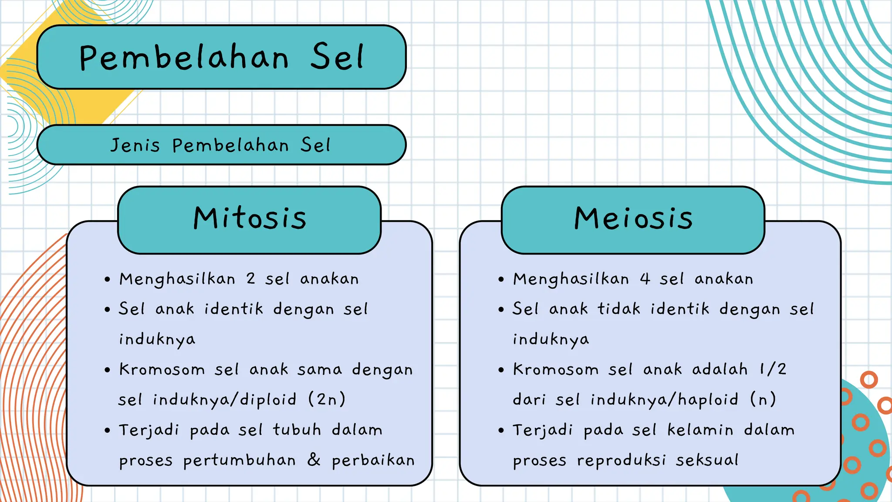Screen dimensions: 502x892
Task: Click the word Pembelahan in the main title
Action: coord(184,58)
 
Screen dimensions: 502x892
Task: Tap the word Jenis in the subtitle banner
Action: coord(135,145)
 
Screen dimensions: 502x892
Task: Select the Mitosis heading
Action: coord(250,218)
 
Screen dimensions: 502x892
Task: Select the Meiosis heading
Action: coord(633,218)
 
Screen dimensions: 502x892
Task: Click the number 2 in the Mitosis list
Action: coord(250,278)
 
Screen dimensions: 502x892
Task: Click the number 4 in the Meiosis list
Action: coord(645,278)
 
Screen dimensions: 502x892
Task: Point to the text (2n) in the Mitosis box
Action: coord(327,399)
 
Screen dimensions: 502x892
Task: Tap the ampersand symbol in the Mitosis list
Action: coord(314,460)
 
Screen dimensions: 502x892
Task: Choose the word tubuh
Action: coord(297,430)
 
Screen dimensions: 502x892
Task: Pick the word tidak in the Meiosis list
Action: coord(619,309)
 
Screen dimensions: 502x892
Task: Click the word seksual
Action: coord(707,460)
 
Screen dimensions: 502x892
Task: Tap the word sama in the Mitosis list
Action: coord(320,370)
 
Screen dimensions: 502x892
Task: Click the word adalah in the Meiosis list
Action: coord(720,369)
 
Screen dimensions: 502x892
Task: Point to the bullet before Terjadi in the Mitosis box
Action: coord(108,431)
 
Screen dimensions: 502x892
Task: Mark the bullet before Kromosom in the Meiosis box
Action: coord(501,370)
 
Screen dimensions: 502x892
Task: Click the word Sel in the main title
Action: coord(337,58)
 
